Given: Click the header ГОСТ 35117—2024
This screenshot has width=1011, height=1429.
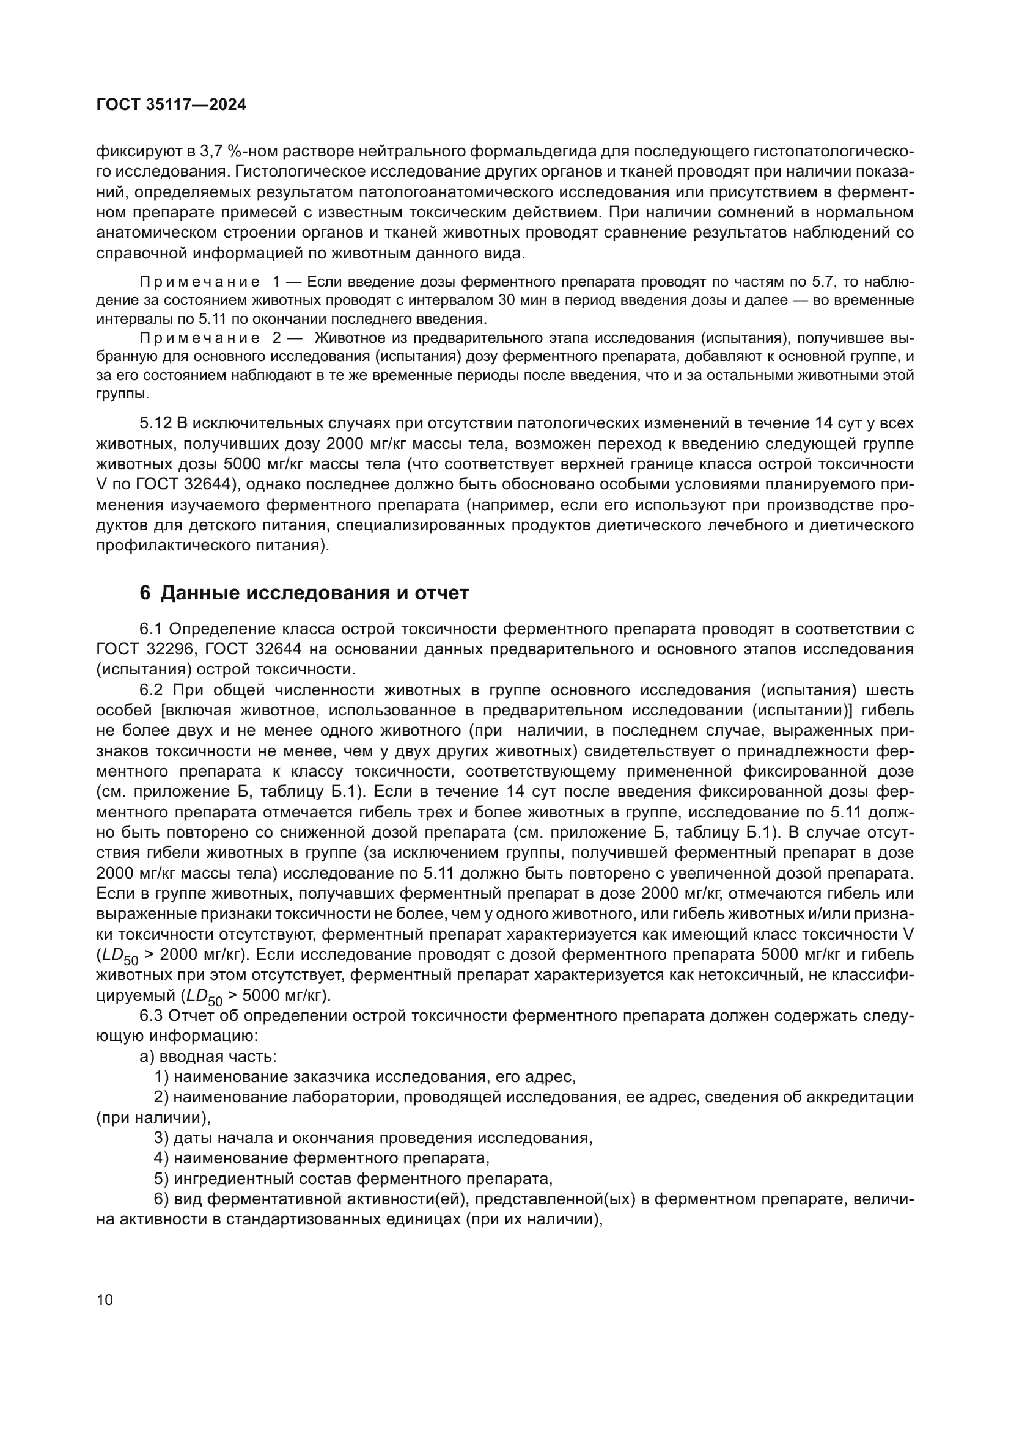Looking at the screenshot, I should pyautogui.click(x=171, y=105).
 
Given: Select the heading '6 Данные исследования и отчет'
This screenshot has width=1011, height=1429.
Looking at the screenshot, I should pyautogui.click(x=304, y=593).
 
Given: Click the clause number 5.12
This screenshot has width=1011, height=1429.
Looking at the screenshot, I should pyautogui.click(x=155, y=424).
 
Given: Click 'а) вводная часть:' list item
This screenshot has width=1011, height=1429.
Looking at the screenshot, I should pyautogui.click(x=208, y=1057).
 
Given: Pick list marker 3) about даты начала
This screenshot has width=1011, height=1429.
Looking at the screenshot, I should pyautogui.click(x=161, y=1138).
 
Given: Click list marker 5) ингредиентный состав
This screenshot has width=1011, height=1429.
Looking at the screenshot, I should pyautogui.click(x=161, y=1179).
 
